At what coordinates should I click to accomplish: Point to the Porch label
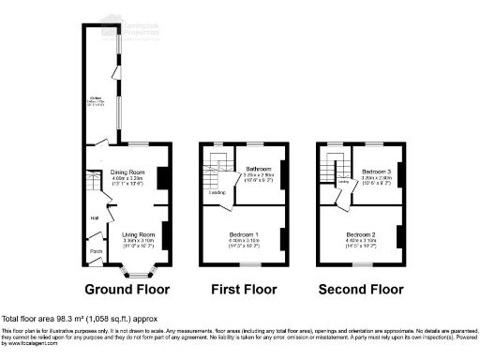click(95, 251)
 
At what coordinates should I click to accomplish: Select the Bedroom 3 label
click(374, 171)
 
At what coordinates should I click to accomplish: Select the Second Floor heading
click(361, 290)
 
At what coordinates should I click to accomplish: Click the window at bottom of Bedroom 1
click(249, 265)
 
